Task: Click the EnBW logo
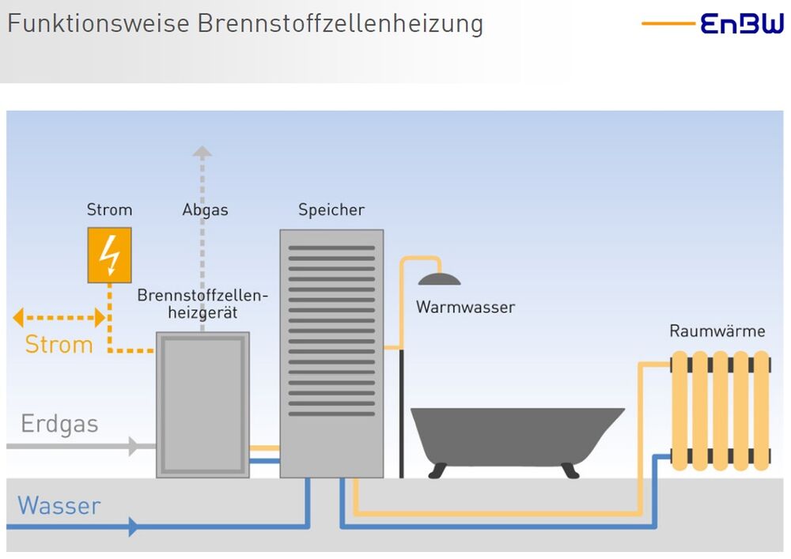tap(742, 24)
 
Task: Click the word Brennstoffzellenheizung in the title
tap(340, 23)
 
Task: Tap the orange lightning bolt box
tap(109, 255)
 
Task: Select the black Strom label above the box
tap(109, 210)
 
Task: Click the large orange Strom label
tap(59, 345)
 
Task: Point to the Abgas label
tap(205, 210)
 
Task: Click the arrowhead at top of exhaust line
tap(202, 151)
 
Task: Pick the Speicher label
tap(331, 210)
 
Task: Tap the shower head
tap(439, 278)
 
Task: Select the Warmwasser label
tap(465, 308)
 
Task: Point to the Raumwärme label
tap(717, 331)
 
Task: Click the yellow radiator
tap(720, 411)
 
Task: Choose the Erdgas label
tap(60, 425)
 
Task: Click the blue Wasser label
tap(59, 506)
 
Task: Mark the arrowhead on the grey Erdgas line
tap(134, 447)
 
